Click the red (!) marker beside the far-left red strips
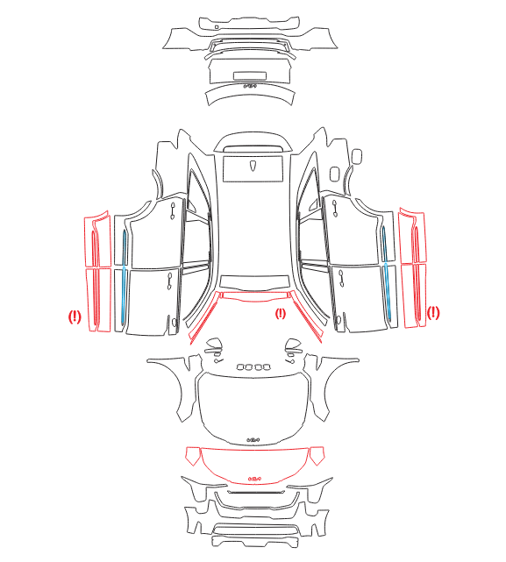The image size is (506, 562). pyautogui.click(x=75, y=317)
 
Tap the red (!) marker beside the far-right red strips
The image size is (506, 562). pyautogui.click(x=433, y=313)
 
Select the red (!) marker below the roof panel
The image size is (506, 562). pyautogui.click(x=281, y=314)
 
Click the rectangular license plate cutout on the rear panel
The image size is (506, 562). pyautogui.click(x=250, y=75)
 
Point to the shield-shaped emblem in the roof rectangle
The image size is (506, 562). pyautogui.click(x=253, y=166)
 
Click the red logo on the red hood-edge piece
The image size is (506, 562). pyautogui.click(x=254, y=478)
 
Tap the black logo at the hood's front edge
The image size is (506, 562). pyautogui.click(x=253, y=439)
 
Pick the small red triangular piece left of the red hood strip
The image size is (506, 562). pyautogui.click(x=193, y=455)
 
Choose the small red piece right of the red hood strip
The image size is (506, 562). pyautogui.click(x=317, y=455)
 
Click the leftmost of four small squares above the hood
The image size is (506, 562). pyautogui.click(x=240, y=366)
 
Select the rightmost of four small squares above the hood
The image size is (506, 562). pyautogui.click(x=266, y=366)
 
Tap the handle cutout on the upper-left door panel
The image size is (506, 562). pyautogui.click(x=173, y=210)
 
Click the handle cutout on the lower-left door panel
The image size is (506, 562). pyautogui.click(x=169, y=281)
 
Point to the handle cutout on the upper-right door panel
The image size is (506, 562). pyautogui.click(x=335, y=209)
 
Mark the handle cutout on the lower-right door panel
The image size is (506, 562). pyautogui.click(x=340, y=279)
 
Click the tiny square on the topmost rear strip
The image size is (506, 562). pyautogui.click(x=217, y=27)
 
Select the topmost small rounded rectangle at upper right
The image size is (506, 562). pyautogui.click(x=357, y=156)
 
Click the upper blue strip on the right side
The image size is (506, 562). pyautogui.click(x=384, y=244)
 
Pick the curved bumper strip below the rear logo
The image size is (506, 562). pyautogui.click(x=251, y=94)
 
